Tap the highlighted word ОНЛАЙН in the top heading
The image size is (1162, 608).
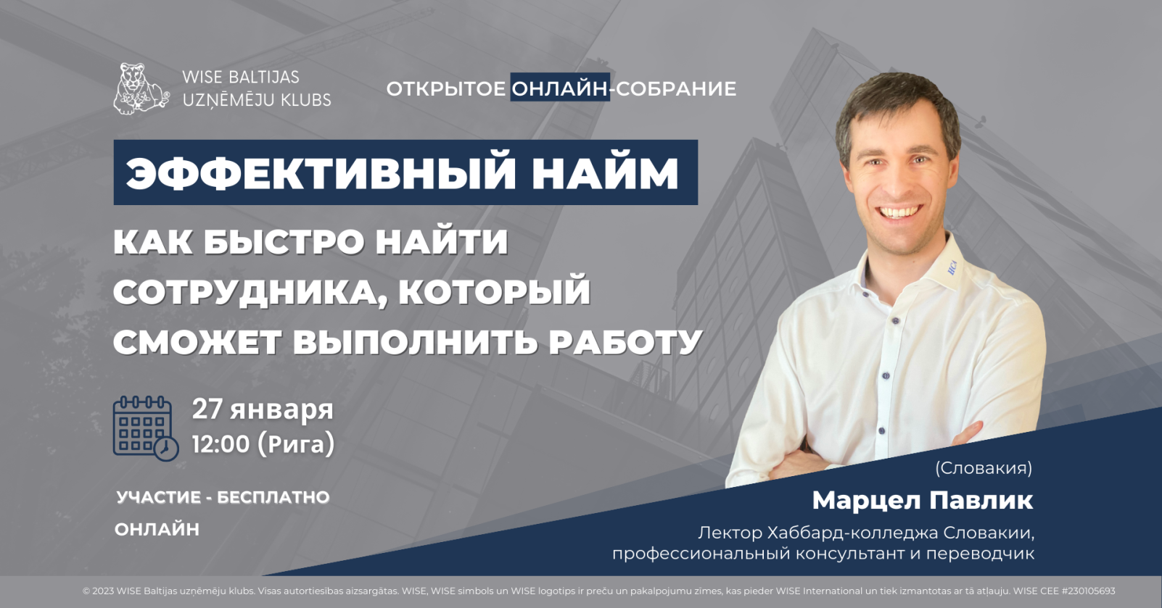point(560,88)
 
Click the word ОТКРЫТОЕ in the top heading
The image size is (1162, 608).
point(445,88)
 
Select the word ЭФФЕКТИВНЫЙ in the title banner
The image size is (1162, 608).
point(321,172)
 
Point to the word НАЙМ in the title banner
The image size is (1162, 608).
point(605,172)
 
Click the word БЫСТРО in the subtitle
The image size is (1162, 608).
point(283,242)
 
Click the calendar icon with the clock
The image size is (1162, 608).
point(146,428)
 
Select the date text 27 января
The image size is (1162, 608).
point(263,409)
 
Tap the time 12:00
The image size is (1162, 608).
point(221,444)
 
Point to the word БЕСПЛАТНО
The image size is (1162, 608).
point(273,497)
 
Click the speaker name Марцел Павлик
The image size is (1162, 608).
point(923,501)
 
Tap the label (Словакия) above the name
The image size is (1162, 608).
point(984,468)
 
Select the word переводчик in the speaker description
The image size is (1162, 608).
point(981,554)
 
